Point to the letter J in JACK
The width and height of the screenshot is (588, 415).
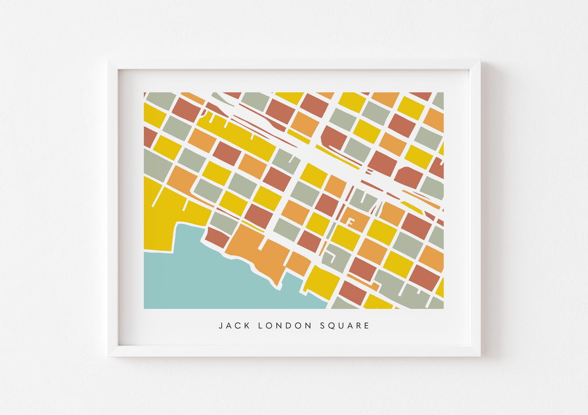point(220,326)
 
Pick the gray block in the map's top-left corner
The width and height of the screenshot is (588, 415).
point(160,99)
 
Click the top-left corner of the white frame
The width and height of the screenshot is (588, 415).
point(109,61)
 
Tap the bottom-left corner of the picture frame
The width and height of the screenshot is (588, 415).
point(109,355)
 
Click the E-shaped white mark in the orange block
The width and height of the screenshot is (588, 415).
point(349,221)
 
